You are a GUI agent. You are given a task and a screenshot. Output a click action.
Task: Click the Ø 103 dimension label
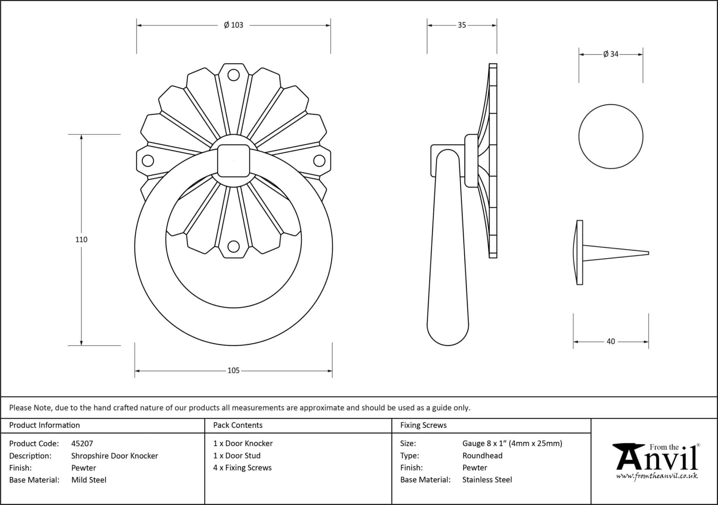[x=233, y=25]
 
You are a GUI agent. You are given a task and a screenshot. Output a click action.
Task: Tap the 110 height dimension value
[x=81, y=240]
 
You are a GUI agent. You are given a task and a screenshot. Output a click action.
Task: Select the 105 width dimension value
[x=233, y=371]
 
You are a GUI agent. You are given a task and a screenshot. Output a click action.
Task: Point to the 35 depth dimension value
[x=462, y=25]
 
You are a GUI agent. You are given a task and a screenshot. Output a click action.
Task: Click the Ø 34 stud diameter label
[x=611, y=54]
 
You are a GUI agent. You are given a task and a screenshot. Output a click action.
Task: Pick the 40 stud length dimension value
[x=611, y=341]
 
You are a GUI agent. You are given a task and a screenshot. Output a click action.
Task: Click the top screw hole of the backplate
[x=233, y=75]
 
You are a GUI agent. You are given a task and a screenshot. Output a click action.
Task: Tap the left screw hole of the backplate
[x=148, y=161]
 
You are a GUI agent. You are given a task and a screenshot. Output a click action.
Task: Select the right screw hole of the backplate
[x=319, y=161]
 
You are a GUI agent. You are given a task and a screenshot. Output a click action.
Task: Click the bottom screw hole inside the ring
[x=233, y=247]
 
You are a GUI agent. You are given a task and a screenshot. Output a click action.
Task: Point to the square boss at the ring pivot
[x=233, y=161]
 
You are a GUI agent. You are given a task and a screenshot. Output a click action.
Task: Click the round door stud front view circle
[x=611, y=136]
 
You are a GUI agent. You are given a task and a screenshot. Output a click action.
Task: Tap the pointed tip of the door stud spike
[x=649, y=253]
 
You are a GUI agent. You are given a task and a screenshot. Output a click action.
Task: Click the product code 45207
[x=82, y=444]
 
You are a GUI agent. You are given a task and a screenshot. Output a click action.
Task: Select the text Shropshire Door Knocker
[x=115, y=456]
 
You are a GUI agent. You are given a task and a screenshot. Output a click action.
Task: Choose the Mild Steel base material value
[x=89, y=480]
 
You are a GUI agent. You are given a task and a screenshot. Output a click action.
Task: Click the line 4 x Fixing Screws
[x=243, y=468]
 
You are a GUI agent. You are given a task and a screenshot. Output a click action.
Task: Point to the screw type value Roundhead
[x=482, y=456]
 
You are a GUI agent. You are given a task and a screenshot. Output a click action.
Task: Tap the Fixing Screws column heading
[x=424, y=425]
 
